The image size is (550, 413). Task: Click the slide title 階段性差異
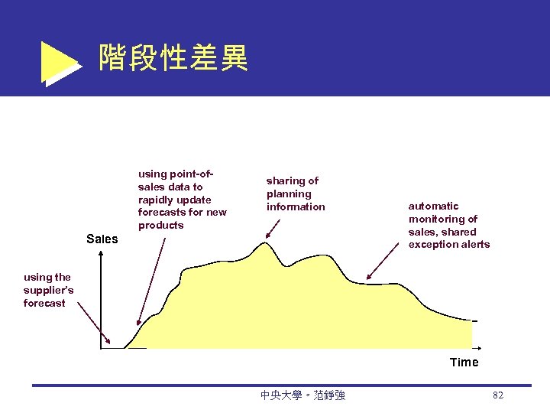coord(173,57)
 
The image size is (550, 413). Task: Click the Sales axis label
coord(102,239)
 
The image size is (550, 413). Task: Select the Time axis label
coord(464,363)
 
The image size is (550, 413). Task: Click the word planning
coord(289,193)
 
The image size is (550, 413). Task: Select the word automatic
coord(433,206)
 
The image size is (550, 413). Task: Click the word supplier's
coord(48,290)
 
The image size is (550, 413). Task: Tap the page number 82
coord(498,395)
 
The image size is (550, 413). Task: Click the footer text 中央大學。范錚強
coord(302,395)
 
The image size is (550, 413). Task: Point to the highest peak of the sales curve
coord(264,243)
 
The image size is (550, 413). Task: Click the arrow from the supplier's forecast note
coord(93,325)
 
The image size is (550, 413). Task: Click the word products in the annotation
coord(161,226)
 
